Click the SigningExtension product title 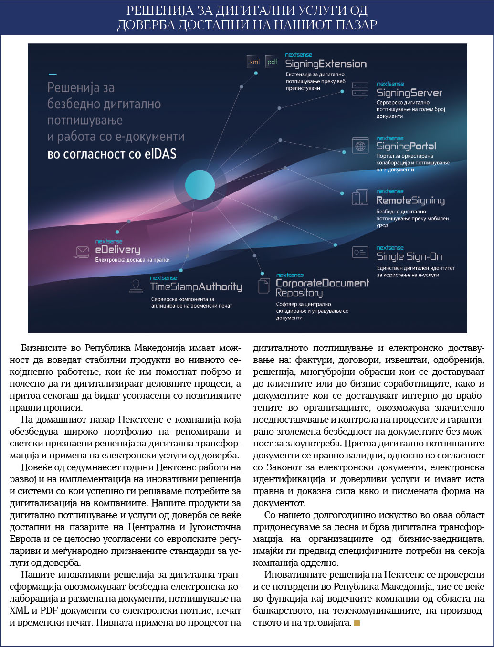pyautogui.click(x=326, y=64)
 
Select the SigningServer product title pyautogui.click(x=409, y=93)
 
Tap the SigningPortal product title pyautogui.click(x=406, y=147)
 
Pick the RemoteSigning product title pyautogui.click(x=410, y=201)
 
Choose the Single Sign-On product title pyautogui.click(x=409, y=257)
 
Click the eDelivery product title pyautogui.click(x=117, y=250)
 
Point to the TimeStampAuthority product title pyautogui.click(x=196, y=286)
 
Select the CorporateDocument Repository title pyautogui.click(x=322, y=287)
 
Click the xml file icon pyautogui.click(x=254, y=62)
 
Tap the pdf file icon pyautogui.click(x=272, y=62)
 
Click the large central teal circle pyautogui.click(x=200, y=185)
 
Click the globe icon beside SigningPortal pyautogui.click(x=360, y=146)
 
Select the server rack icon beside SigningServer pyautogui.click(x=360, y=90)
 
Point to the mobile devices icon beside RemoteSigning pyautogui.click(x=360, y=198)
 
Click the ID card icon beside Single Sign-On pyautogui.click(x=360, y=252)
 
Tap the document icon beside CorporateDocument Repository pyautogui.click(x=264, y=286)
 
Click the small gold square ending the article pyautogui.click(x=357, y=623)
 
